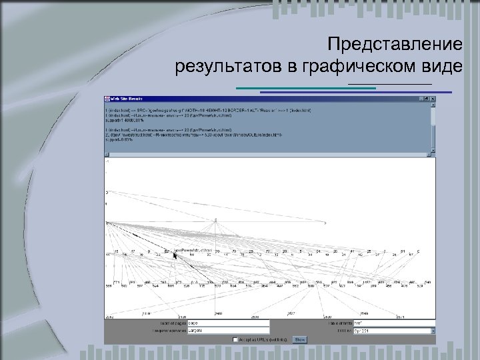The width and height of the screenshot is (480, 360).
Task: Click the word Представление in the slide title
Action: pos(395,45)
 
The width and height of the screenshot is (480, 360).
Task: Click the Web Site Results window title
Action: pos(127,99)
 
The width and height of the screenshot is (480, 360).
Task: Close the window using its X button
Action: pos(433,99)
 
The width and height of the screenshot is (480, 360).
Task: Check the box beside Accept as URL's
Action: pos(235,339)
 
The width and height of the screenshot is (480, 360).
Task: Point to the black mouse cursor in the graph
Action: pos(175,255)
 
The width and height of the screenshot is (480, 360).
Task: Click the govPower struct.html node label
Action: pos(193,251)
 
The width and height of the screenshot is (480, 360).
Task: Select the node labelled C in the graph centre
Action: pos(215,220)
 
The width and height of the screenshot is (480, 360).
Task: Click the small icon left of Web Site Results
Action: pos(107,99)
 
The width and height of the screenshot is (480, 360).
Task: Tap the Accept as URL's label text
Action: pos(264,339)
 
